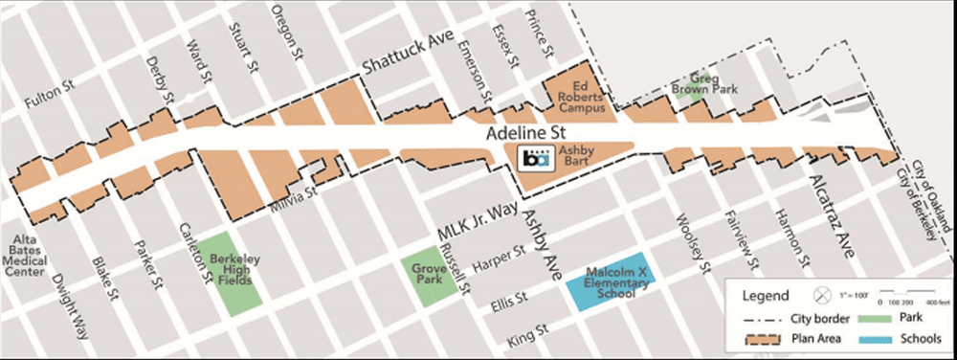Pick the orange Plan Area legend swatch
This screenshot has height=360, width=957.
[x=757, y=338]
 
